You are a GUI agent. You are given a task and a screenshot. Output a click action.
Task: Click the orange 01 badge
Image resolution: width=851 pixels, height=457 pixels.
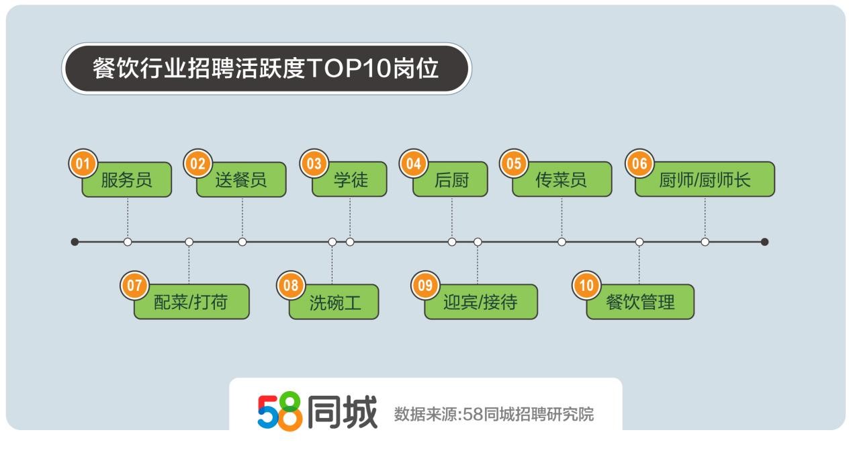[83, 163]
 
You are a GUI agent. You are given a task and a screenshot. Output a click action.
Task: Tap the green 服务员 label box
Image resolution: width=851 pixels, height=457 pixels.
[127, 179]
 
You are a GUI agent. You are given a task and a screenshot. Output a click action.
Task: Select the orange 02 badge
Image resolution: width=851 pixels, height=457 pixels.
[198, 163]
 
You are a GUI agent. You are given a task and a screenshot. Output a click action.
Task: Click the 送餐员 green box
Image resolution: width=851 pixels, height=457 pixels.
[242, 179]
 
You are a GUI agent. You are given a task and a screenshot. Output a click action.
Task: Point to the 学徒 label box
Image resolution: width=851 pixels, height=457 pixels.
[349, 179]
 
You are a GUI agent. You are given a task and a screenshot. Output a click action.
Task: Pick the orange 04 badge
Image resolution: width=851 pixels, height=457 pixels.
[414, 163]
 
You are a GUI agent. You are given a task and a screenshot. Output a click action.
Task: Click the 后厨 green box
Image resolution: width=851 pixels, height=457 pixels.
[451, 179]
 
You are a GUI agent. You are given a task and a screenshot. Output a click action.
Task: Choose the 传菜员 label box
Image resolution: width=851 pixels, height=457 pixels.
[562, 179]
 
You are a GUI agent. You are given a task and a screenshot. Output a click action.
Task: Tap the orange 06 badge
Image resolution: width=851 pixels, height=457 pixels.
[640, 163]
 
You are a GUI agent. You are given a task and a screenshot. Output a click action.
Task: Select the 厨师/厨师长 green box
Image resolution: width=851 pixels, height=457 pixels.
[705, 179]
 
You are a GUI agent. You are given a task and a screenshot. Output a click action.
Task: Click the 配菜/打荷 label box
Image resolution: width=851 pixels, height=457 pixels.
[192, 302]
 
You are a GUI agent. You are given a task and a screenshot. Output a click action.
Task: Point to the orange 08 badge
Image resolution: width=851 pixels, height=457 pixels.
[291, 286]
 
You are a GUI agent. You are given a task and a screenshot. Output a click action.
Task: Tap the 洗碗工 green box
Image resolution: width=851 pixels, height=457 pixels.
[334, 302]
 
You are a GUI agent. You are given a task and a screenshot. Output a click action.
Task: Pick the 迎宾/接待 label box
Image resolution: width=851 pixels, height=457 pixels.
[481, 302]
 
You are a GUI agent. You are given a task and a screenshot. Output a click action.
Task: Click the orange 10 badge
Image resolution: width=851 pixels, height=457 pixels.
[586, 286]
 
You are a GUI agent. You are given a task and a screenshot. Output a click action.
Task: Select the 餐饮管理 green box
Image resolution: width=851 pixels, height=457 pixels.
[641, 302]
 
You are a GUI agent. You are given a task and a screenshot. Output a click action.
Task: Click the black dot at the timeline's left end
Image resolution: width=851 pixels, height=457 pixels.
[75, 242]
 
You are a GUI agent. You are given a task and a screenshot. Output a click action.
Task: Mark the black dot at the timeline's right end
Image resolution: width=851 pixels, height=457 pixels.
[765, 242]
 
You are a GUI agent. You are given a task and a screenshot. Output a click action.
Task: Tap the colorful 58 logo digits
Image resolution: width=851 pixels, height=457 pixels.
[280, 411]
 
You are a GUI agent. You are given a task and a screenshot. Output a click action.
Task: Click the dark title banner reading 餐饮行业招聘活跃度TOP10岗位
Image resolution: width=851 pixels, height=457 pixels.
[267, 69]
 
